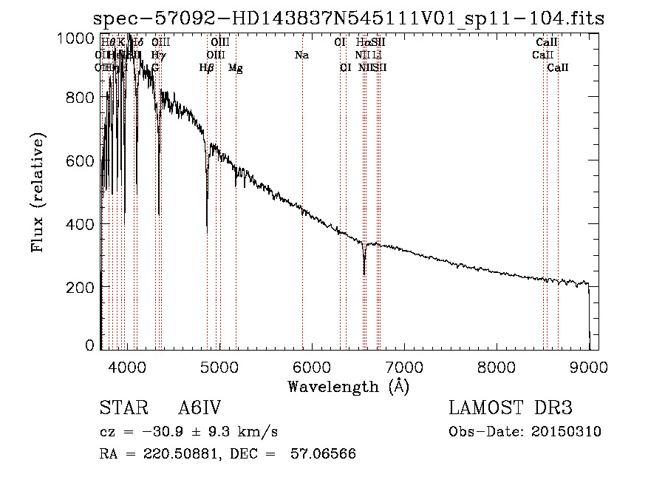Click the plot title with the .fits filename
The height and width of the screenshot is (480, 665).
(349, 18)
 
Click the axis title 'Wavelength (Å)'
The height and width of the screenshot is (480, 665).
(348, 386)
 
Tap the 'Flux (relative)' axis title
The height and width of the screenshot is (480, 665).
(38, 192)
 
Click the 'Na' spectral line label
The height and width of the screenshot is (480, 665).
(301, 55)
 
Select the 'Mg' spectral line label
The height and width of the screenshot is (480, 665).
(236, 68)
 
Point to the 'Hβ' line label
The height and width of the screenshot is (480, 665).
(207, 68)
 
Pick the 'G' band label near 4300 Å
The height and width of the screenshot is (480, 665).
(155, 68)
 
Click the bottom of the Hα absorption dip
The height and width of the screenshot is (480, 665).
(364, 273)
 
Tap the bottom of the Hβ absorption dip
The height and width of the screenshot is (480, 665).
(207, 232)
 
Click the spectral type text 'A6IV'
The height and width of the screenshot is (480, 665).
(199, 409)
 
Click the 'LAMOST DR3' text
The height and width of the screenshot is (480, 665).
(511, 409)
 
